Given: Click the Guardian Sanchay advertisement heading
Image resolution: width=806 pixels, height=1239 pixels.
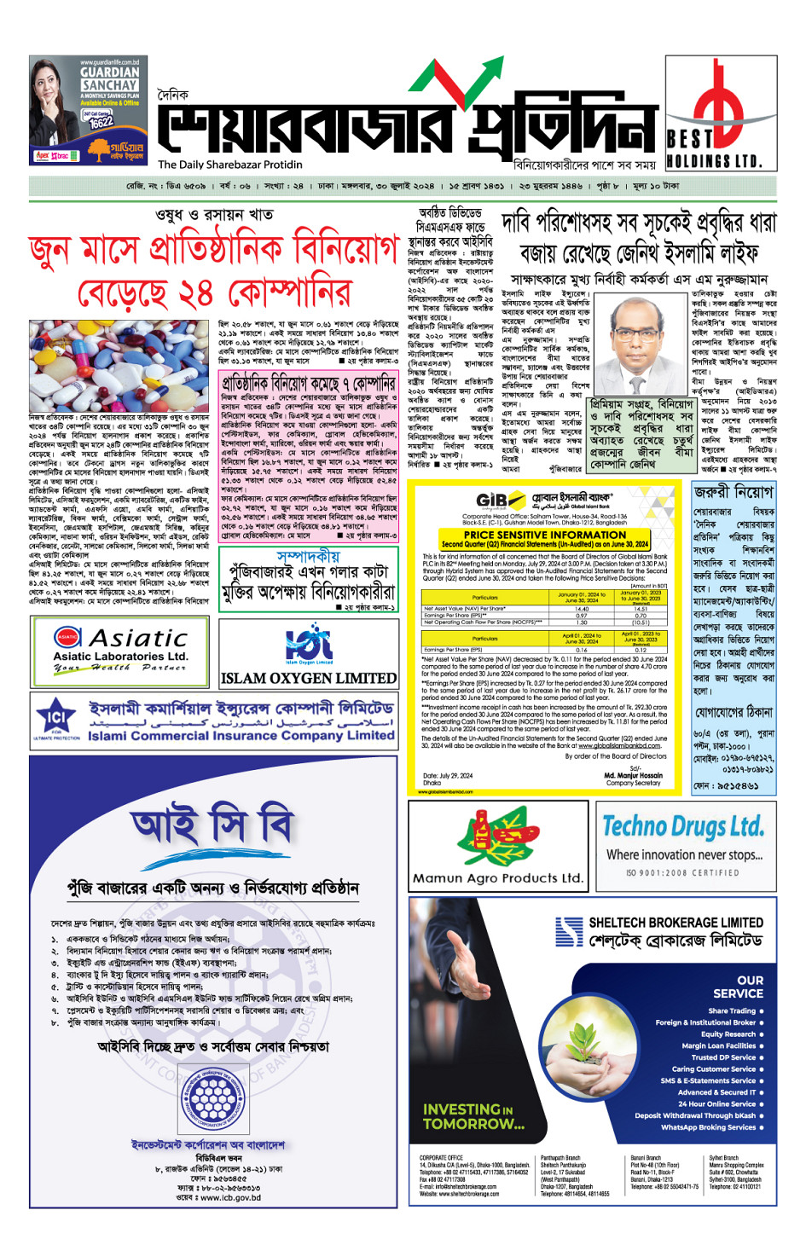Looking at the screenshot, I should coord(109,79).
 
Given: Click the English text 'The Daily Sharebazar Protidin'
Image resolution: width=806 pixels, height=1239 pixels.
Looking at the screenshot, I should coord(229,165).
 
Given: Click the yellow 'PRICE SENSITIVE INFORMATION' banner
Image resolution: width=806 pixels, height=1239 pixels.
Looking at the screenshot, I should coord(545,535).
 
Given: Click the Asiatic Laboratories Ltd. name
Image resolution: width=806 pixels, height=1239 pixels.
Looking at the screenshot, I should coord(120,656).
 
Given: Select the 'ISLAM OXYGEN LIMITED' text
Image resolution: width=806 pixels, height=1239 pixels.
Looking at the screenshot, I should coord(308,678).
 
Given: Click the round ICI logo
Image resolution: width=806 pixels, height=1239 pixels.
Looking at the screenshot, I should coord(56,717).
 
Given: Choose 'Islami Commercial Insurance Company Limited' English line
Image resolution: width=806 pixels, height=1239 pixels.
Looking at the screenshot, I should coord(241,735).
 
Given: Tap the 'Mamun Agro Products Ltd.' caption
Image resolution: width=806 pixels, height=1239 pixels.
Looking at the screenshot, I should coord(498,877).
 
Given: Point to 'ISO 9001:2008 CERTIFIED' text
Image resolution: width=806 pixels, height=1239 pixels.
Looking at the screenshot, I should coord(682,873).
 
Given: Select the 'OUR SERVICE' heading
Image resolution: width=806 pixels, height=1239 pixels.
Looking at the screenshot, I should coord(738,987).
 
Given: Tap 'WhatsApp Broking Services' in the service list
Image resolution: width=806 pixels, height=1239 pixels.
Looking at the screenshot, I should coord(708,1127).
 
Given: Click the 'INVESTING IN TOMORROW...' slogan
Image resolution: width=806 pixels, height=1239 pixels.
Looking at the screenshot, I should coord(473,1116).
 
